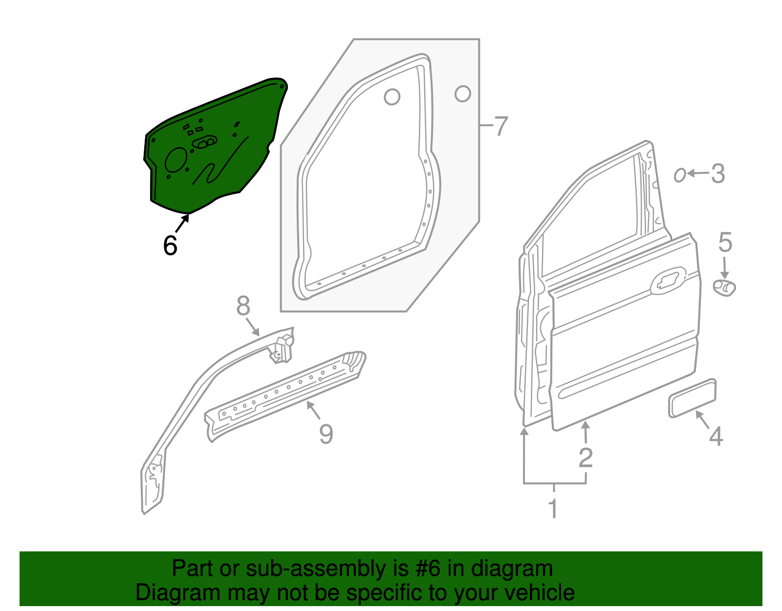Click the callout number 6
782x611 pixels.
[170, 245]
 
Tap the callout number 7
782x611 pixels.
[501, 126]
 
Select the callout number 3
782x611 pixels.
[717, 174]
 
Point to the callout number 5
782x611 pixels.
[725, 243]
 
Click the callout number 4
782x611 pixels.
[716, 436]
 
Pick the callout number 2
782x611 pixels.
[586, 458]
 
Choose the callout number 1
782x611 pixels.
[553, 509]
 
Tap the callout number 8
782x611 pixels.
[243, 306]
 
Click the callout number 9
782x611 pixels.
[326, 434]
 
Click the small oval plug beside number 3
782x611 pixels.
[679, 175]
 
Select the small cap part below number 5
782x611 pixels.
[724, 288]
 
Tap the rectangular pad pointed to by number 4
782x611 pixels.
[692, 398]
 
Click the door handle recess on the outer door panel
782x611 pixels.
[668, 280]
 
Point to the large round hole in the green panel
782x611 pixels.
[176, 160]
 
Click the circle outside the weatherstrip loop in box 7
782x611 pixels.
[462, 93]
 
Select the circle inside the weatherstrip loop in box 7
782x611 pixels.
[392, 96]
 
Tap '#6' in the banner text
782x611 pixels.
[429, 569]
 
